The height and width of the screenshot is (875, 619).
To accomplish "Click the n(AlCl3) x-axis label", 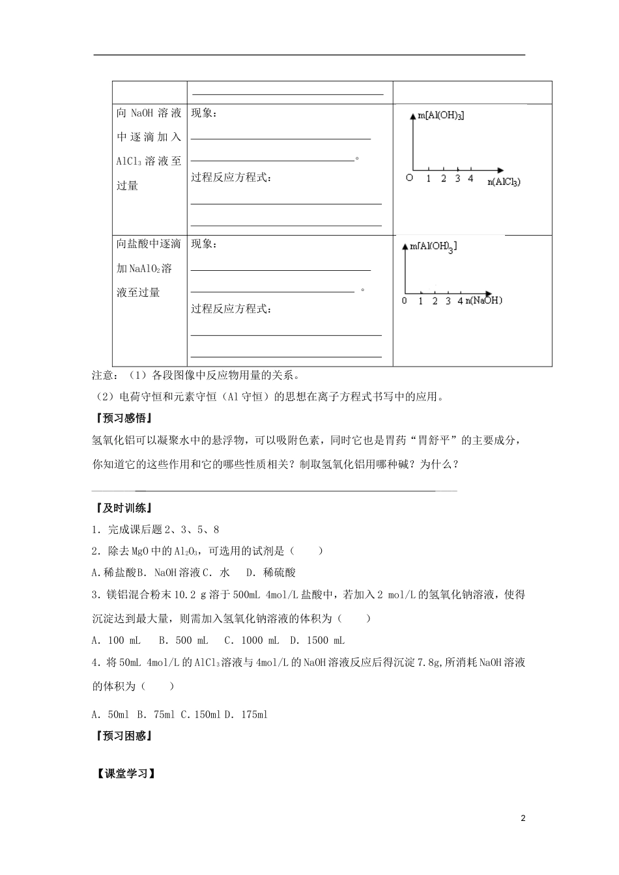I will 504,182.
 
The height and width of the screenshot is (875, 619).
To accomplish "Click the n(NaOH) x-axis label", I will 483,300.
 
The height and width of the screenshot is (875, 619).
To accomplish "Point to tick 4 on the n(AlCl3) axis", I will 470,178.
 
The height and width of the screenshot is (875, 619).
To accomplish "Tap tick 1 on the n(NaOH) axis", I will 421,301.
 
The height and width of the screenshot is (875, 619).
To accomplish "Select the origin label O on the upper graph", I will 409,178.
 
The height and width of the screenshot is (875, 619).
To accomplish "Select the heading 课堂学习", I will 123,774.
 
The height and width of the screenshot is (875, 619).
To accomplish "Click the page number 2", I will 523,818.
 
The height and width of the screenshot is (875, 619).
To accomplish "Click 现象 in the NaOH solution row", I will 205,113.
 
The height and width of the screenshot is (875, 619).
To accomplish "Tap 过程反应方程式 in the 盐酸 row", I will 231,309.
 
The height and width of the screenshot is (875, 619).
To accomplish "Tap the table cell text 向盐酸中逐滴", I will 149,244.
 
